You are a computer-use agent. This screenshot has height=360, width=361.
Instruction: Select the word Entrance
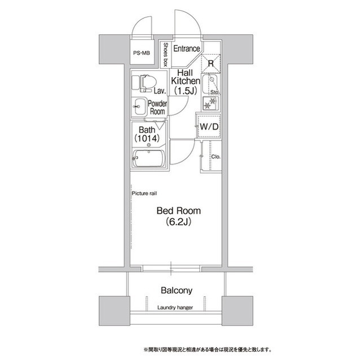click(x=187, y=48)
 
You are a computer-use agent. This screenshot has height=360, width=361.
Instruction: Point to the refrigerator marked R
click(x=210, y=63)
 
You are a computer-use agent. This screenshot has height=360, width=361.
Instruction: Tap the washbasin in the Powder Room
click(x=139, y=105)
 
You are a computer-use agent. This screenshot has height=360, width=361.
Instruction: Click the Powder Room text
click(x=157, y=108)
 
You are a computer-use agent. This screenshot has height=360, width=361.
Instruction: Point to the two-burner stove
click(x=211, y=103)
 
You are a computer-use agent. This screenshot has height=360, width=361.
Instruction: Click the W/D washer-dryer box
click(x=209, y=127)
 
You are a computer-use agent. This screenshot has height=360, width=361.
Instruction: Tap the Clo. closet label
click(x=216, y=156)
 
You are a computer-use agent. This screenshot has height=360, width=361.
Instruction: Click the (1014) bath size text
click(x=147, y=138)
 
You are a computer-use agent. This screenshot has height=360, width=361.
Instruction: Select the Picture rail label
click(x=144, y=193)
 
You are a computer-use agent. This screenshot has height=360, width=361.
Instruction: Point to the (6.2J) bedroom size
click(x=178, y=222)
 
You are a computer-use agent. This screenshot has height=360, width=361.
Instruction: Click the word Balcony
click(x=177, y=291)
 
